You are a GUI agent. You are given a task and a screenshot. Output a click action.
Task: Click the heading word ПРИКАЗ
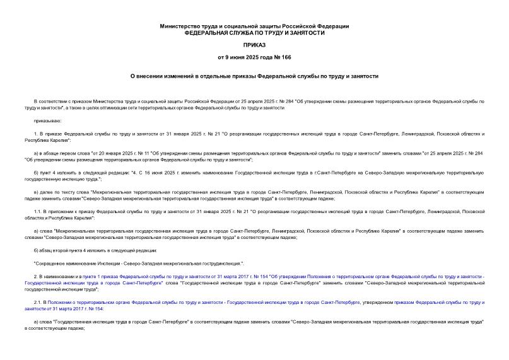[x=254, y=45]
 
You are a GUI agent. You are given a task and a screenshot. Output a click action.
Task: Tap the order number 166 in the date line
[x=286, y=57]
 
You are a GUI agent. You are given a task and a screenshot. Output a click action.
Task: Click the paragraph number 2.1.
[x=38, y=303]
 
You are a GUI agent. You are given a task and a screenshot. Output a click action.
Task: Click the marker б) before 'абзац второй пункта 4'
[x=37, y=250]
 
